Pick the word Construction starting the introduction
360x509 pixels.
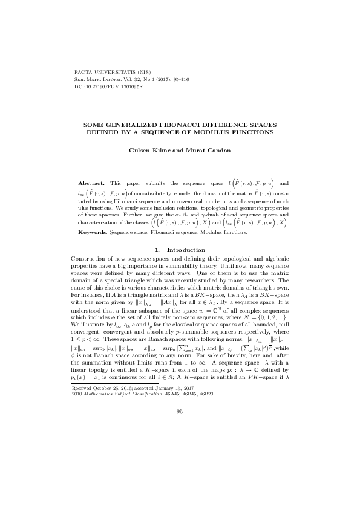pos(90,258)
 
